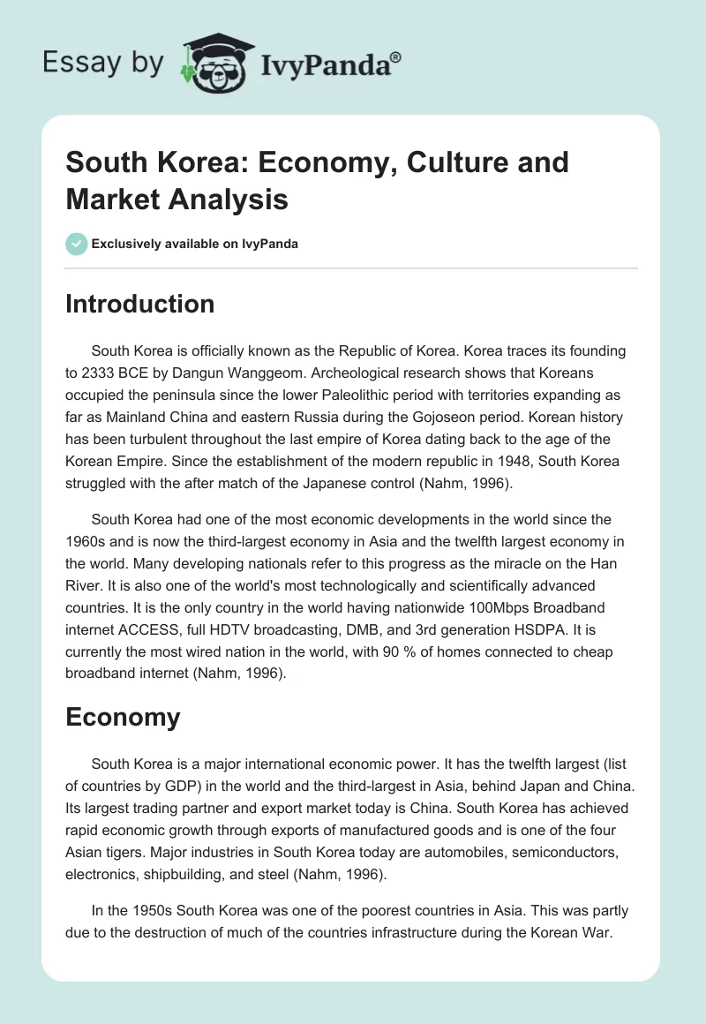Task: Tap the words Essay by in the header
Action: pos(103,64)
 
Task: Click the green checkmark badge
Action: pos(77,244)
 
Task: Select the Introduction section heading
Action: pos(140,304)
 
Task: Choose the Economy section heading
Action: pos(123,717)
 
